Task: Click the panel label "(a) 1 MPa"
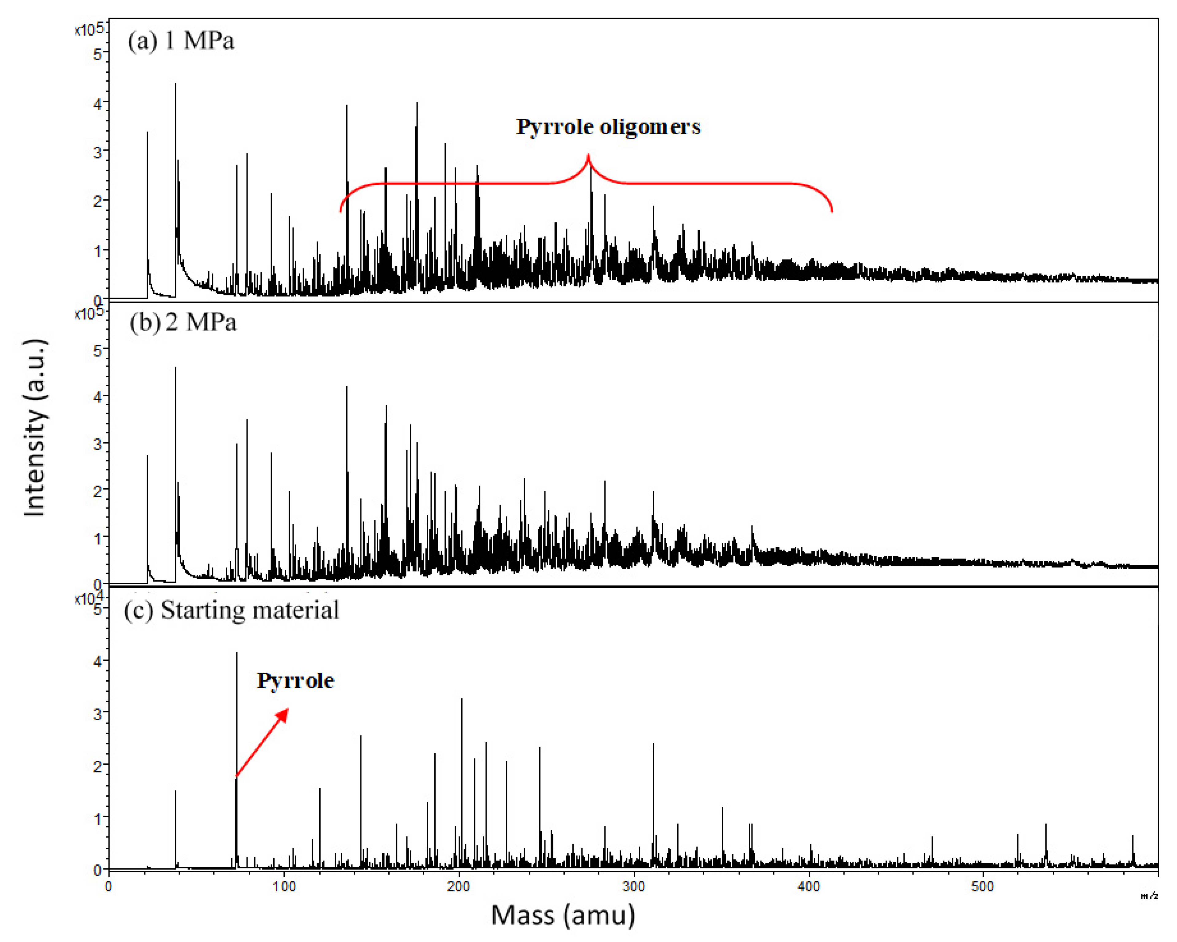181,41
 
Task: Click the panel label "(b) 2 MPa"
183,323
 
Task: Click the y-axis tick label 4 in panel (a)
98,103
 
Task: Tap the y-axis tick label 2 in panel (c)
98,766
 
